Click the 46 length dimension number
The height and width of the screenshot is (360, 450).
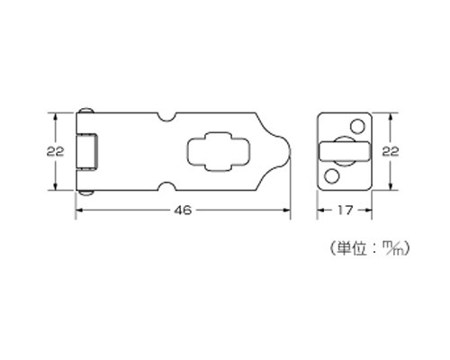pos(183,211)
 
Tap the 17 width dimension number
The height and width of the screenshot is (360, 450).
pos(345,211)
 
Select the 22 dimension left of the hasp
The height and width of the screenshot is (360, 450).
pos(55,151)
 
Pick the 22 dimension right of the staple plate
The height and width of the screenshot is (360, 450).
pos(391,151)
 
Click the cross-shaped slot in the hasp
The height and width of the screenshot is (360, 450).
pos(218,151)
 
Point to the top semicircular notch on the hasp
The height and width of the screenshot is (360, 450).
pos(166,117)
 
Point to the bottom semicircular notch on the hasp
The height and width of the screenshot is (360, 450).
pos(166,186)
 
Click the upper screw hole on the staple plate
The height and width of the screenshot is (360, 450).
pos(357,126)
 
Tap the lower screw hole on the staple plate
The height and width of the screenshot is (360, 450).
pos(332,176)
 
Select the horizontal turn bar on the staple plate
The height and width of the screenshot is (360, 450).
pos(345,151)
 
